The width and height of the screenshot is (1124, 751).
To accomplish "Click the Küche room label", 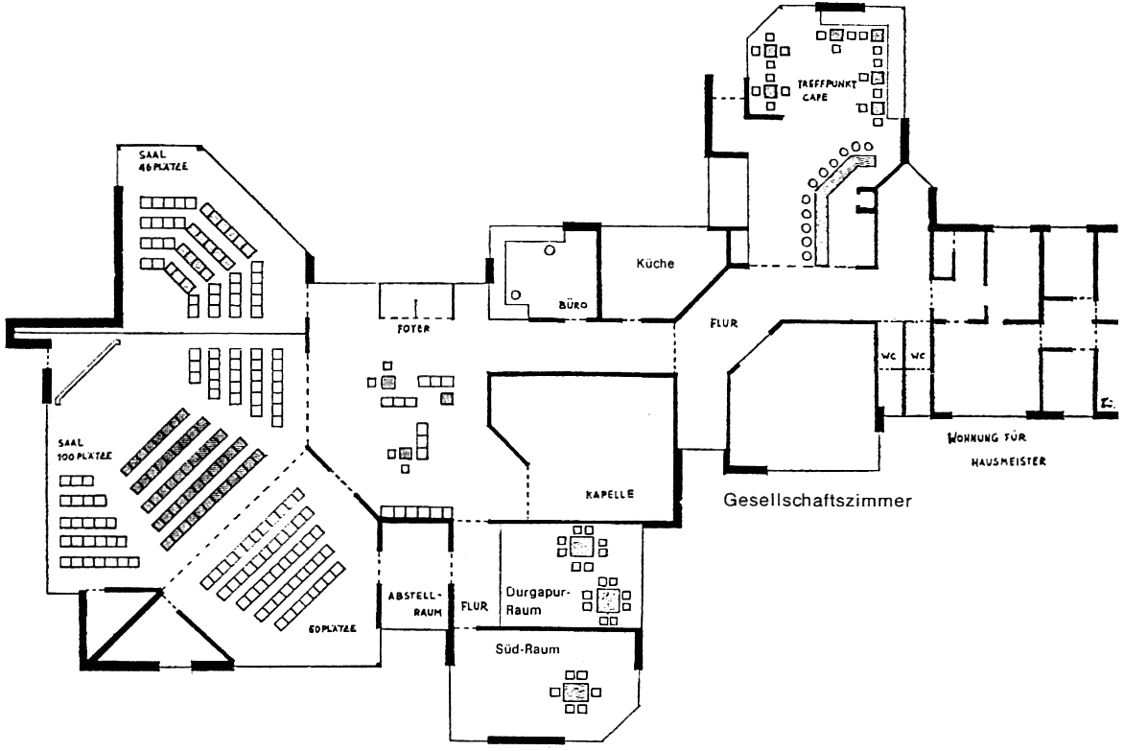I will pos(657,264).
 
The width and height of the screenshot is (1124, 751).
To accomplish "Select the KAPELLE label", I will pos(610,495).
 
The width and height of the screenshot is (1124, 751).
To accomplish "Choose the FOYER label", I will pos(415,328).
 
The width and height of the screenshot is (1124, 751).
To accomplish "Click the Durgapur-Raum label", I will pos(537,600).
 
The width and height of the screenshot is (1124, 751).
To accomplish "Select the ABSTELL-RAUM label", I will pos(414,599).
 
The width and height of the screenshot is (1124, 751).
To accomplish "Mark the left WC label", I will pos(889,355).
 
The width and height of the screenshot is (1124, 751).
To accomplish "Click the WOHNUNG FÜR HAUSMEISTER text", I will pos(996,449).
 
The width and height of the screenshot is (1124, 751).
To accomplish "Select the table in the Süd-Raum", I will pos(575,692).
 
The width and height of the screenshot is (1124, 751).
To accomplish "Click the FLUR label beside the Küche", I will pos(723,323).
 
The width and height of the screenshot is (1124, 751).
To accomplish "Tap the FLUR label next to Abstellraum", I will pos(475,605).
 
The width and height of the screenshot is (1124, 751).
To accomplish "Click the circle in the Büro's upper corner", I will pos(549,249).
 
